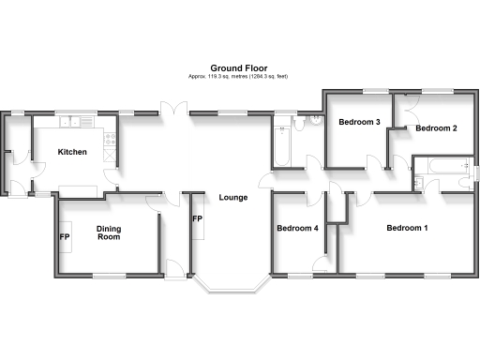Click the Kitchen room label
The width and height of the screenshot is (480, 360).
[72, 152]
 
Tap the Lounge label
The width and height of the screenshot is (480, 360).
[233, 197]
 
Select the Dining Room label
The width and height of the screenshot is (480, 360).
[110, 232]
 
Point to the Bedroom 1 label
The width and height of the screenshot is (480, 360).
[407, 228]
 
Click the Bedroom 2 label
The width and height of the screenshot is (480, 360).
[436, 127]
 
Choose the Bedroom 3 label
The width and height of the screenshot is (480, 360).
[359, 122]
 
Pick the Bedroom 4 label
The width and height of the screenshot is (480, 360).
[298, 228]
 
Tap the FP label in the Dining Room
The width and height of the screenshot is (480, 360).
[65, 236]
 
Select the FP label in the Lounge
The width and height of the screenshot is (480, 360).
[197, 219]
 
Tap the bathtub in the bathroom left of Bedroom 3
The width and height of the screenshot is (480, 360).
[281, 143]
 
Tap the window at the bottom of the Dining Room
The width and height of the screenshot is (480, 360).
[109, 275]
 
